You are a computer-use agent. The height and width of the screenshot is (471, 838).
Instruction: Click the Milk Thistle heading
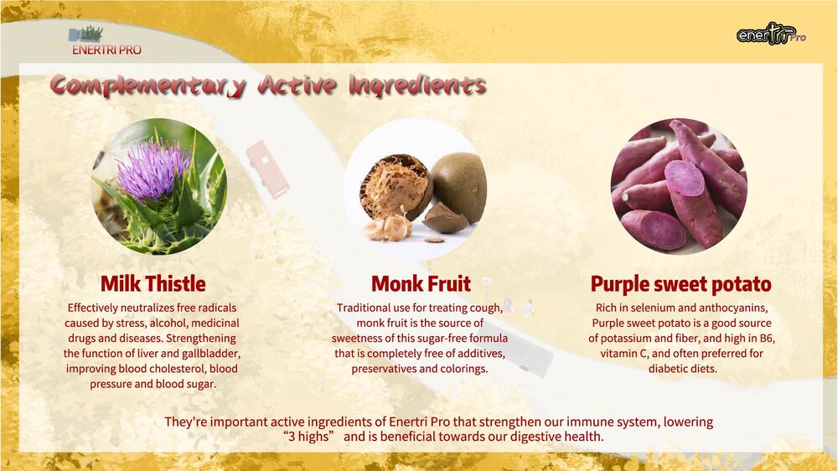coord(153,284)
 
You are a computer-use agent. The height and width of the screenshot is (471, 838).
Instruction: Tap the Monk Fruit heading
coord(422,284)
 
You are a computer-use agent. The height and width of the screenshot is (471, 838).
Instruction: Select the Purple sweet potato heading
coord(680,284)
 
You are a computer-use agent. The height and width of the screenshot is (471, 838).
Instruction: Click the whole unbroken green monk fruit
coord(459,187)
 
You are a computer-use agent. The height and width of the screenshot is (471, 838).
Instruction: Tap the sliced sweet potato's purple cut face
coord(685,178)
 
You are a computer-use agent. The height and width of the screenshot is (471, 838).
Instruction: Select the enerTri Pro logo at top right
coord(771,34)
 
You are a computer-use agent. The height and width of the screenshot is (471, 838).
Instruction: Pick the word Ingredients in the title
coord(417,85)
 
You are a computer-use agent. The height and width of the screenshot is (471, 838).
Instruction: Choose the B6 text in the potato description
coord(767,339)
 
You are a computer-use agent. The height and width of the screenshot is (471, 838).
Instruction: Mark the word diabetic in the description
coord(666,369)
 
